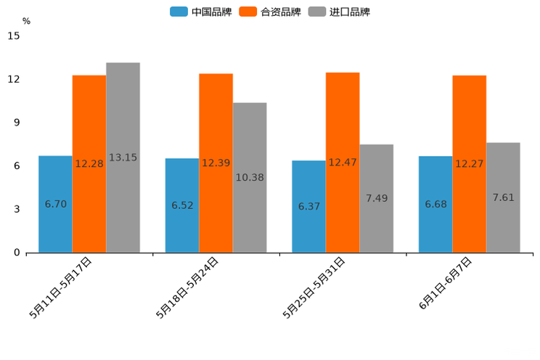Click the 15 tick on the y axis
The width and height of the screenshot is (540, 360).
(x=14, y=36)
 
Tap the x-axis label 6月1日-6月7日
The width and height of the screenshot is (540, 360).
(x=446, y=284)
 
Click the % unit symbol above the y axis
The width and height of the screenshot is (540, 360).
(x=26, y=21)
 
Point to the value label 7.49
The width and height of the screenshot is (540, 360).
(x=377, y=198)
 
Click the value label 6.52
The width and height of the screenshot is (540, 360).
(x=182, y=205)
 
